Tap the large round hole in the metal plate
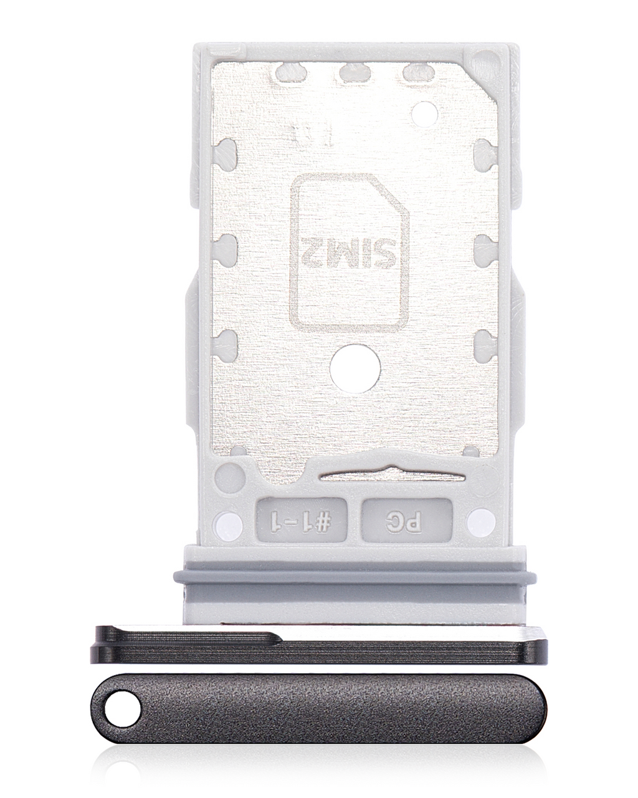355,368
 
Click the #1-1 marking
302,520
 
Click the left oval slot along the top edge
290,72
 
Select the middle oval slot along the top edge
354,72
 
